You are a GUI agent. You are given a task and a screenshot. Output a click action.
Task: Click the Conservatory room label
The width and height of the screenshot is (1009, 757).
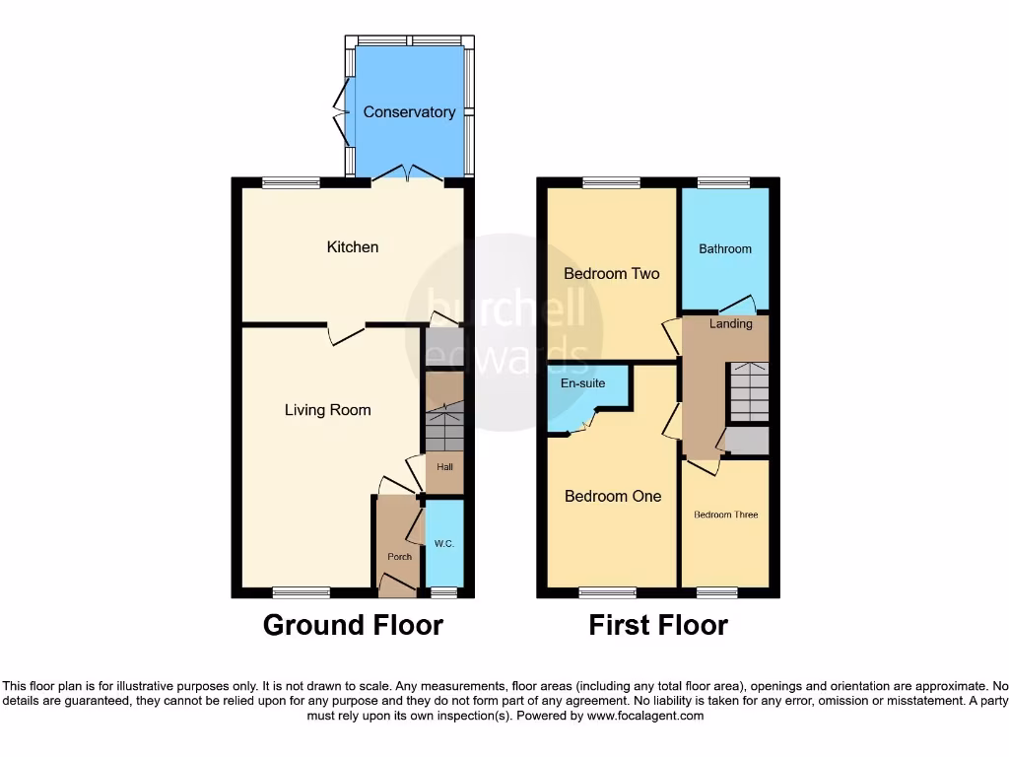pos(409,112)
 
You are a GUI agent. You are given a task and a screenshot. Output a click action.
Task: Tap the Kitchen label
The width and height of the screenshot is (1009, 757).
pos(353,246)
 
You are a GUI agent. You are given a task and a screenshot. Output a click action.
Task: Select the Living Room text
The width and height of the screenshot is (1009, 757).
pos(328,409)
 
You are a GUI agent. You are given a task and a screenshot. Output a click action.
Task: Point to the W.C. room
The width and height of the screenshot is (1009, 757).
pos(443,544)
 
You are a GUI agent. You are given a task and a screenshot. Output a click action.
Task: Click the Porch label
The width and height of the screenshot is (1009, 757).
pos(399,557)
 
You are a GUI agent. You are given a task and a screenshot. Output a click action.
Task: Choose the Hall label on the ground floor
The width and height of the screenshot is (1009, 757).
pos(445,467)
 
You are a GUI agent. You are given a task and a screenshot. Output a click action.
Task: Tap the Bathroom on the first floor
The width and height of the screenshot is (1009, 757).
pos(725,249)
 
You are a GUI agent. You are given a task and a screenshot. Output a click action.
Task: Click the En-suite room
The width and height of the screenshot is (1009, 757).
pos(582,382)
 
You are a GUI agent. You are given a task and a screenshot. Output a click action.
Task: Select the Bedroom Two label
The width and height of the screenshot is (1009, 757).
pos(611,273)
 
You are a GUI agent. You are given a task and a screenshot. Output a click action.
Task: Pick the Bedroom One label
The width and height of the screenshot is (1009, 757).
pos(612,496)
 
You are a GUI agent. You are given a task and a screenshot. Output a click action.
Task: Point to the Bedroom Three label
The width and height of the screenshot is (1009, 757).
pos(725,515)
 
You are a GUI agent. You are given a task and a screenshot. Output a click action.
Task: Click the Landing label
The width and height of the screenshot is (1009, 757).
pos(731,323)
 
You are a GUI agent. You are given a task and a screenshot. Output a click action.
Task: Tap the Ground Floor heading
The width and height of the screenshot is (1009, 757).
pos(353,625)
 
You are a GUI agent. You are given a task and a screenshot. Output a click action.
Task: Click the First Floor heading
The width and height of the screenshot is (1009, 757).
pos(658,625)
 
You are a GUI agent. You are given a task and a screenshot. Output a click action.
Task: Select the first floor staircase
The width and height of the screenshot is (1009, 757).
pos(749,391)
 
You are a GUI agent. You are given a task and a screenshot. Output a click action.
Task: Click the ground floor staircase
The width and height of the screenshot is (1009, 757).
pos(443,426)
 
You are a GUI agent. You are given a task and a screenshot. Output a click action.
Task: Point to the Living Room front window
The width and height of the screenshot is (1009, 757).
pos(302,592)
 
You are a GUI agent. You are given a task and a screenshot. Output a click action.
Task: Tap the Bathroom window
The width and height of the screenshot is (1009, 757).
pos(724,182)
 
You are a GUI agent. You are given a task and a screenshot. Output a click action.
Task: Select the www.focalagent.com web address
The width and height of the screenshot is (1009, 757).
pos(644,716)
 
